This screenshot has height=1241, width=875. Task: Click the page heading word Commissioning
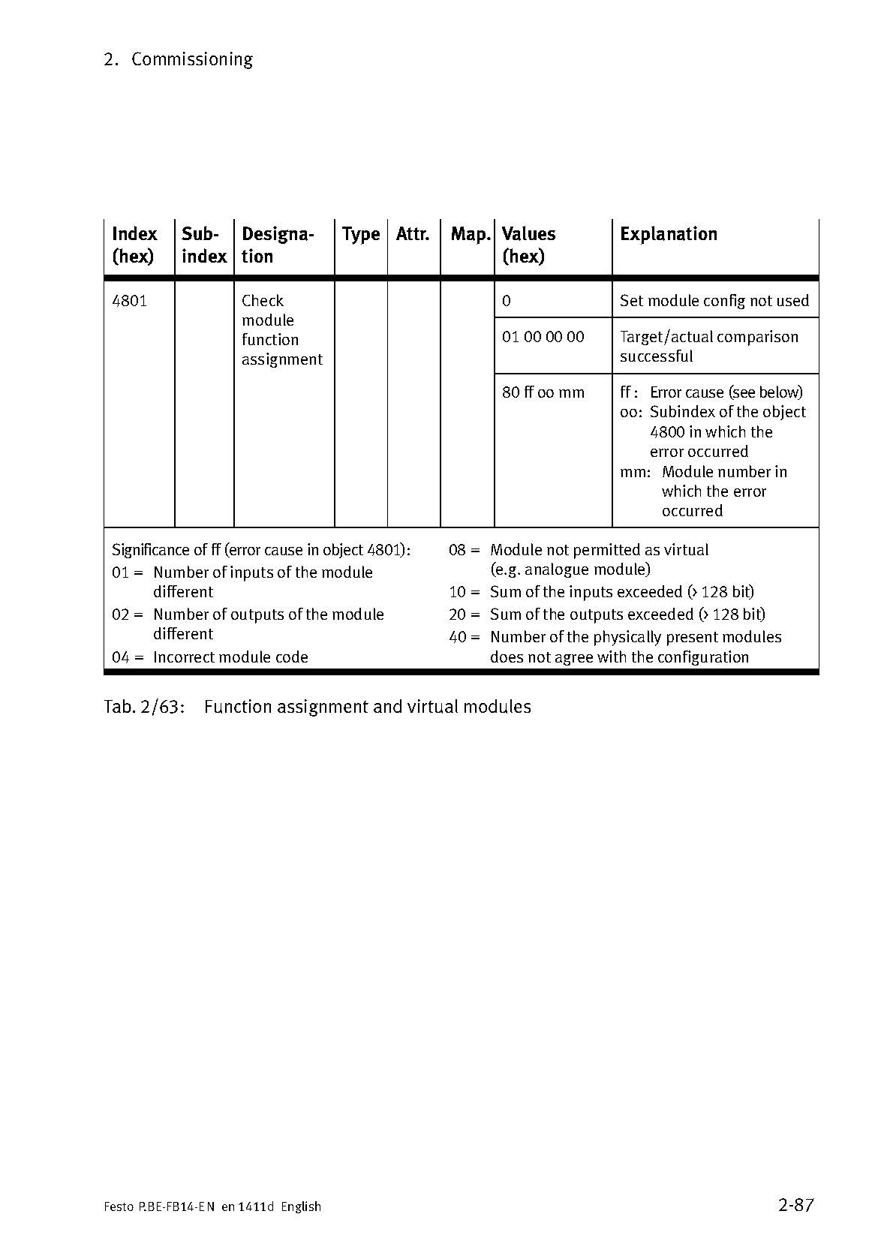[x=191, y=59]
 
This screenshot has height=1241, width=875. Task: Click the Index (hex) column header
[x=134, y=245]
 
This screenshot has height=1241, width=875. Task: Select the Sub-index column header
[x=203, y=245]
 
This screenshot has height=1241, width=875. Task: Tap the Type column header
[x=361, y=235]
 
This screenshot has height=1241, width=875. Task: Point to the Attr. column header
[x=413, y=234]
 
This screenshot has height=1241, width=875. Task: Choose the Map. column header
[x=471, y=234]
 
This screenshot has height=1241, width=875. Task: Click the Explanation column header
[x=668, y=234]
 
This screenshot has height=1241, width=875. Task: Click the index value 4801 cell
[x=129, y=301]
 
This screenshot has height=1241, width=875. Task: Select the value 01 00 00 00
[x=543, y=337]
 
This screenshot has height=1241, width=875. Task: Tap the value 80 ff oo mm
[x=543, y=392]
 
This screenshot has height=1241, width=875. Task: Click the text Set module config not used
[x=714, y=301]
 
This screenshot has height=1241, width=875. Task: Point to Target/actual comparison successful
[x=708, y=347]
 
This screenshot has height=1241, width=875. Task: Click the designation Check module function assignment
[x=281, y=330]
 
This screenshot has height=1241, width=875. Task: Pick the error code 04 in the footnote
[x=122, y=657]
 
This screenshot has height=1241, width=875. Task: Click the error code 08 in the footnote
[x=458, y=550]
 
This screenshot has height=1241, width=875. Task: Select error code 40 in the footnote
[x=458, y=637]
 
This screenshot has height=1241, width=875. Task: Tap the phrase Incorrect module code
[x=230, y=657]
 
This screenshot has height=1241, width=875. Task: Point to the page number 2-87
[x=795, y=1206]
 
